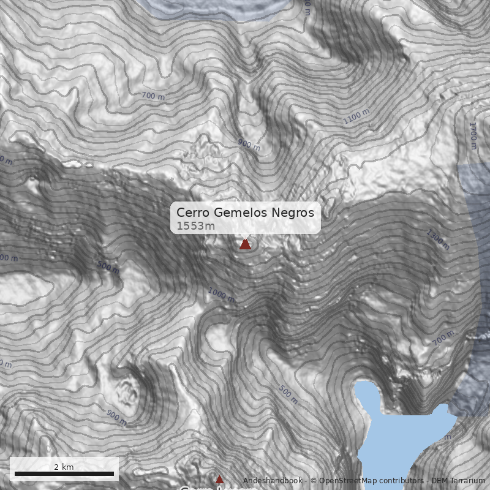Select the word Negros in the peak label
[296, 213]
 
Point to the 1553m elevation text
[195, 226]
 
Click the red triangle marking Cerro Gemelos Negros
[245, 244]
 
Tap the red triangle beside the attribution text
[219, 479]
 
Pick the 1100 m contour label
[356, 116]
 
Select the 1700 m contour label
[472, 135]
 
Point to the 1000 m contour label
[221, 295]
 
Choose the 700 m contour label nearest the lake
[443, 337]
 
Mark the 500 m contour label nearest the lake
[288, 395]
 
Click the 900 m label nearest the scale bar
[116, 417]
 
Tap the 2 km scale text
[64, 467]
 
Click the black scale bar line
[64, 473]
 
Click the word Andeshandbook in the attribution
[273, 481]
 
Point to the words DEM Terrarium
[458, 481]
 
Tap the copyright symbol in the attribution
[314, 481]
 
